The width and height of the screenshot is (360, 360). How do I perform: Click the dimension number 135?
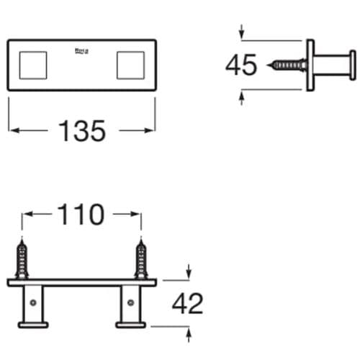[x=81, y=131]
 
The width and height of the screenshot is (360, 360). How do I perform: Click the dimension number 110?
[x=81, y=215]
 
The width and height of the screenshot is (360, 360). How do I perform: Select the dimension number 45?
[x=241, y=65]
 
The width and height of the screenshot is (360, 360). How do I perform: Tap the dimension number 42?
[x=187, y=305]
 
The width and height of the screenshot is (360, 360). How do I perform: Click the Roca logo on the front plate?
[x=81, y=52]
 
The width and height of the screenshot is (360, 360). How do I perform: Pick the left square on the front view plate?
[x=32, y=65]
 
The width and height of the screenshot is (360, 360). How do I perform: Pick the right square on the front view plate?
[x=131, y=65]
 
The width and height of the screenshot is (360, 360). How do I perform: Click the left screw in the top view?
[x=22, y=261]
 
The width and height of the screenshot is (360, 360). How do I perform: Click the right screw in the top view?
[x=140, y=261]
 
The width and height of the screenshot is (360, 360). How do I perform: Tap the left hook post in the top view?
[x=33, y=305]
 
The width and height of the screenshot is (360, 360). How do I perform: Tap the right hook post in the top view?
[x=130, y=305]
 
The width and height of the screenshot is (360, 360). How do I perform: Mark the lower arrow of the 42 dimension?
[x=189, y=332]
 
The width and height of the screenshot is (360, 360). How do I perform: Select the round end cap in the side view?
[x=351, y=65]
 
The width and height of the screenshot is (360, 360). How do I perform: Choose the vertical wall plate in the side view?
[x=310, y=65]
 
